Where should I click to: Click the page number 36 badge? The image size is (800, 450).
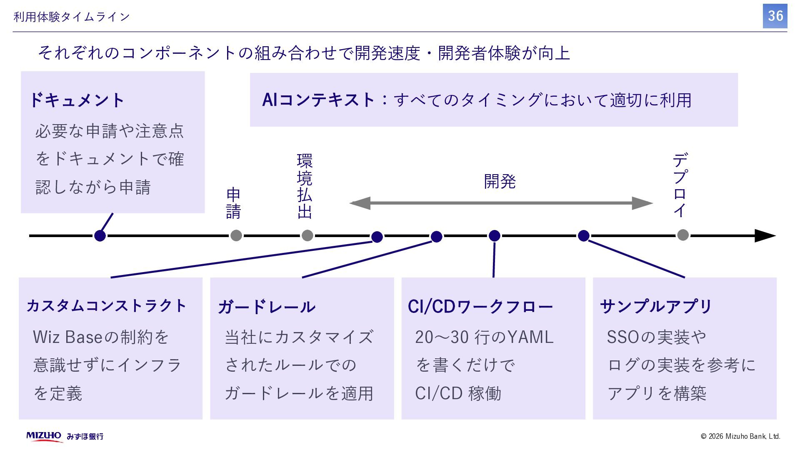coord(775,16)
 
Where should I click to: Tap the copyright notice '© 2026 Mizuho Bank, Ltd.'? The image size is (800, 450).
coord(740,436)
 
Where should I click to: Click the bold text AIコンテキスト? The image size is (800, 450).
coord(319,100)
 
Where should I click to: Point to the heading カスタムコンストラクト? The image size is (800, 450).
coord(107,306)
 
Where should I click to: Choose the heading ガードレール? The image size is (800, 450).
coord(267,307)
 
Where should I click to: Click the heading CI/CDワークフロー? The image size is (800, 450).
coord(480,307)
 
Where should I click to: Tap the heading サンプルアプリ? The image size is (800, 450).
coord(656,307)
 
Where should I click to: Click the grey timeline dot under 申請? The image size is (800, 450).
coord(236,235)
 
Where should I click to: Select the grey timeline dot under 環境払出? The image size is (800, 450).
coord(307,235)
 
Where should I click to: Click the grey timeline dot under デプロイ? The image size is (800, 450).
coord(682,235)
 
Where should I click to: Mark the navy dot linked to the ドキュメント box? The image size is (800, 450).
coord(100,236)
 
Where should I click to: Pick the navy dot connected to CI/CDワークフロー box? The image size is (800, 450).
coord(494,236)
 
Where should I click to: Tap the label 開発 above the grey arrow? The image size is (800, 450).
coord(500,182)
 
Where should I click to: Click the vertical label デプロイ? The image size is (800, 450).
coord(680,185)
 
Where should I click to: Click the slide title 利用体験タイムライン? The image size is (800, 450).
coord(72,17)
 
